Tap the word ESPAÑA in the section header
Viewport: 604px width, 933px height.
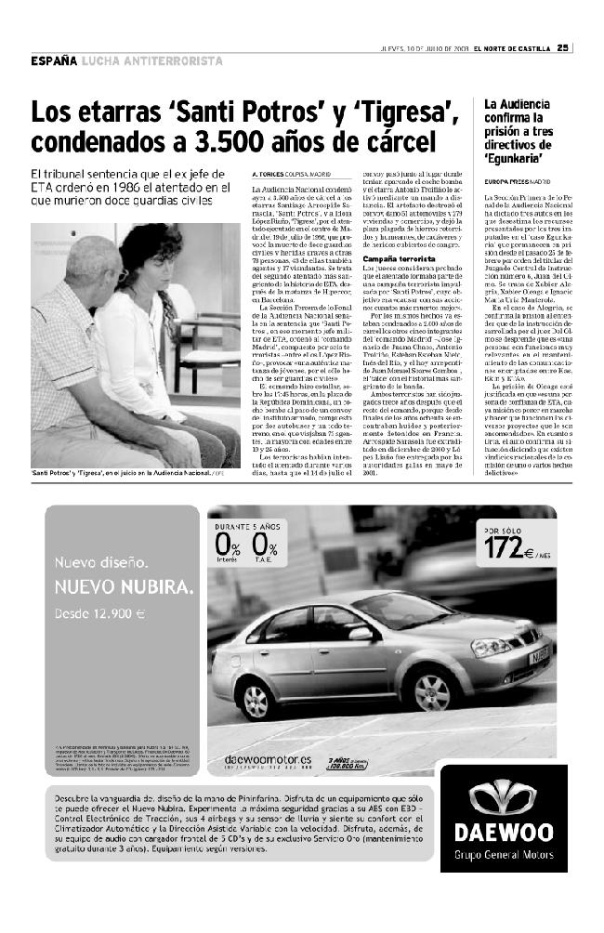pos(53,61)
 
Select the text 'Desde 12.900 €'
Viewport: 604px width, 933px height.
pos(99,613)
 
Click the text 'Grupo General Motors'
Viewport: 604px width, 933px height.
pos(503,853)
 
